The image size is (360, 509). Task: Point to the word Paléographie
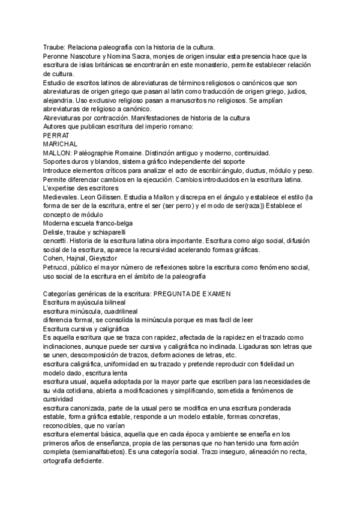(88, 153)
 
